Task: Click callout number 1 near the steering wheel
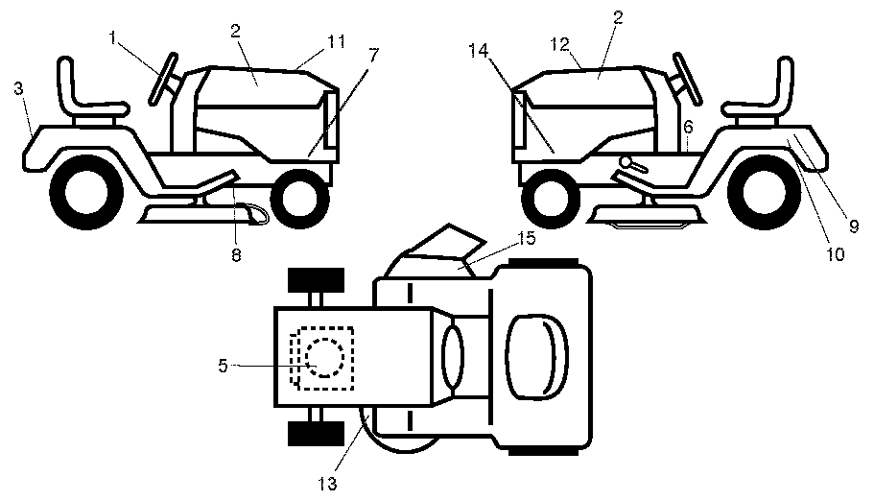[x=114, y=37]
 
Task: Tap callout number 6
[x=688, y=126]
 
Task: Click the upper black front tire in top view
[x=316, y=281]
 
